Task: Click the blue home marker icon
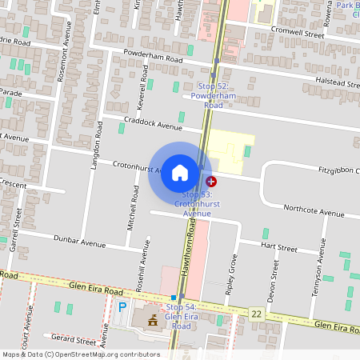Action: (x=180, y=173)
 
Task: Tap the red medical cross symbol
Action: (x=211, y=182)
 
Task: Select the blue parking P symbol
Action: (x=122, y=306)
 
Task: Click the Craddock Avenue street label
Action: (x=153, y=126)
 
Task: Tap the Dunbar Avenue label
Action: (x=79, y=239)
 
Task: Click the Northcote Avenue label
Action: (x=317, y=211)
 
